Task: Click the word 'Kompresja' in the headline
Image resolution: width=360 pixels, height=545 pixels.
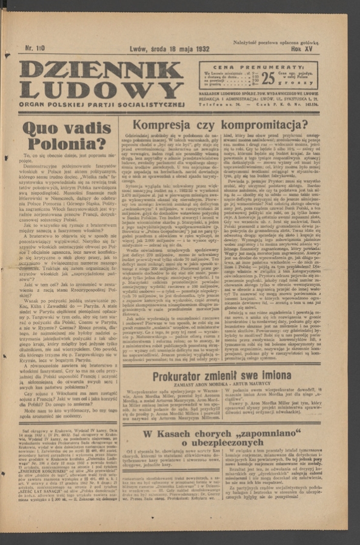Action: [x=162, y=125]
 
